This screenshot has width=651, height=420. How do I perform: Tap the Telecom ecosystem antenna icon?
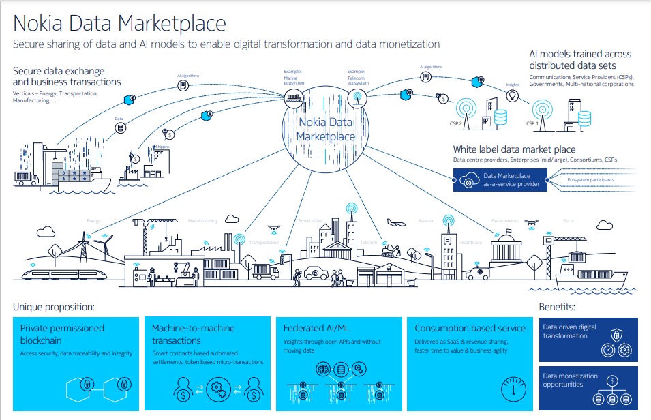(x=355, y=97)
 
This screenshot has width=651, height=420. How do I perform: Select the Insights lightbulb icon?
(x=513, y=96)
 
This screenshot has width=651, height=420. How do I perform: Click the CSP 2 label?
(x=455, y=124)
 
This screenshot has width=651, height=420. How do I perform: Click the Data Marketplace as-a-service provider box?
(x=500, y=180)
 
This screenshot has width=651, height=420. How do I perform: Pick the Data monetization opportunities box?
(x=588, y=387)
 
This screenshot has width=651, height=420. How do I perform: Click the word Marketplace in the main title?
(x=172, y=23)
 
